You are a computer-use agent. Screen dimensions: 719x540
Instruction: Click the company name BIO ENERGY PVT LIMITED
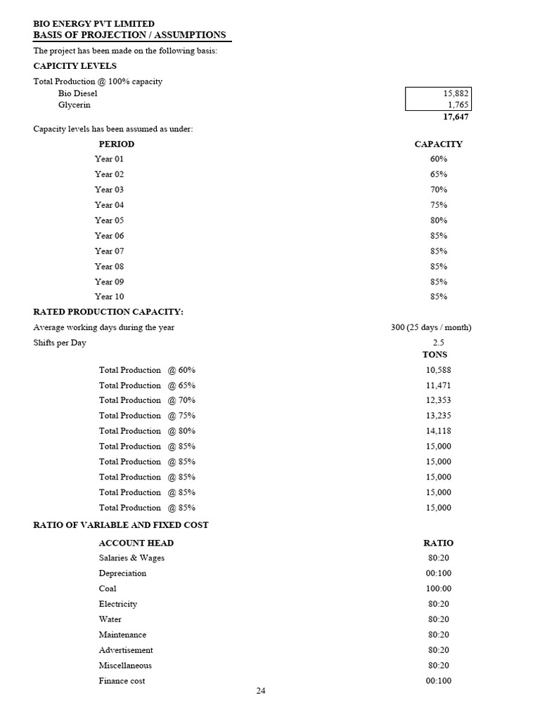94,24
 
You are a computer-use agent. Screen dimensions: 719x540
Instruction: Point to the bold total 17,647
456,117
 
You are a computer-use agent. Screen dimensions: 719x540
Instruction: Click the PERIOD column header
116,144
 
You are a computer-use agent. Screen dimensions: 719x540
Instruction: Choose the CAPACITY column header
438,144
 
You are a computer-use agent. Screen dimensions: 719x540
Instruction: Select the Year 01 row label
109,159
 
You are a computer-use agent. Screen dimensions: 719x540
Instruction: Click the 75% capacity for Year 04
438,205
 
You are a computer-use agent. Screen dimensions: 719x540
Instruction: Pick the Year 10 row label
109,297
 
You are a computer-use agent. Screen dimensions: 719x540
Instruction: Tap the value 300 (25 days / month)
430,328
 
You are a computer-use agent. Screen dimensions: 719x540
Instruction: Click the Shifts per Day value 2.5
438,343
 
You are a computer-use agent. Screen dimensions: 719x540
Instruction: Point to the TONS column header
435,355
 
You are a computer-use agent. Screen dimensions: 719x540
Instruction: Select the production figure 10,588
438,370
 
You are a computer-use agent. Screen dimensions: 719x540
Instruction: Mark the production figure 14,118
438,431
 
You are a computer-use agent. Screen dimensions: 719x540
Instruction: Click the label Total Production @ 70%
147,400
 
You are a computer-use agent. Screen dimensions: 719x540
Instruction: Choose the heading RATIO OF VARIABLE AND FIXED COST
121,525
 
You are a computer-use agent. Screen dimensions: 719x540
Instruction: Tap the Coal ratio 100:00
438,589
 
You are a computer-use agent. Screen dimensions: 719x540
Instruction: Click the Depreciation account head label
122,574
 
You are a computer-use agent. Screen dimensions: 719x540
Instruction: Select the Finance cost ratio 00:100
438,681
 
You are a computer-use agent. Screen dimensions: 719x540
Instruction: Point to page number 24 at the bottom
261,691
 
